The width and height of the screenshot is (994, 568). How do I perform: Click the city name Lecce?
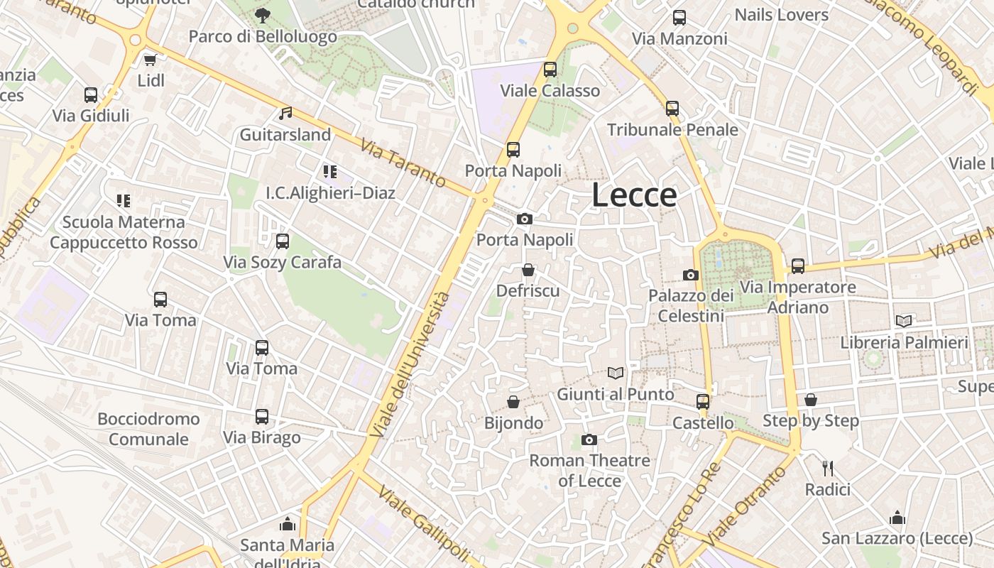point(634,195)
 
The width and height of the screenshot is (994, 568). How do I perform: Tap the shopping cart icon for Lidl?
point(150,60)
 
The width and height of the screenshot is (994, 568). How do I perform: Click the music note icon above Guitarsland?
point(285,114)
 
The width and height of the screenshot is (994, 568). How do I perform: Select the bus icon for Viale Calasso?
point(550,70)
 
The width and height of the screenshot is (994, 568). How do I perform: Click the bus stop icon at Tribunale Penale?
point(672,109)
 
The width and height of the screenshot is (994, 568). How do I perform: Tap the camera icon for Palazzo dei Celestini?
point(690,275)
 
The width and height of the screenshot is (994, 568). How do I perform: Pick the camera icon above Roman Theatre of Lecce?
point(589,440)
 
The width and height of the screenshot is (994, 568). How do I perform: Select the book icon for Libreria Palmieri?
point(904,322)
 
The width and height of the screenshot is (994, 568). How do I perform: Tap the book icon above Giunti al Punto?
point(616,373)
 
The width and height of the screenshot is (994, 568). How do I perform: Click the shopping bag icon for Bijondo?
point(513,402)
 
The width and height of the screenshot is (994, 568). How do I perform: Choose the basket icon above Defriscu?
point(528,270)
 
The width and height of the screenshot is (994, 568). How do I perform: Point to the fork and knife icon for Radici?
point(827,468)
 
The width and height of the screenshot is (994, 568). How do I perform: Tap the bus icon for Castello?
point(703,402)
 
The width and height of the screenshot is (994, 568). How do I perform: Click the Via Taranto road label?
point(403,163)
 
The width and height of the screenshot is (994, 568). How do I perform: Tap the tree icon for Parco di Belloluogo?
point(262,15)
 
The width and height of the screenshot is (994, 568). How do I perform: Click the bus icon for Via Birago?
point(262,417)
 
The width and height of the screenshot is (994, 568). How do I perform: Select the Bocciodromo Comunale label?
point(148,429)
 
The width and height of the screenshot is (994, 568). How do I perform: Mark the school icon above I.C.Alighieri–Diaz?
point(329,171)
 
